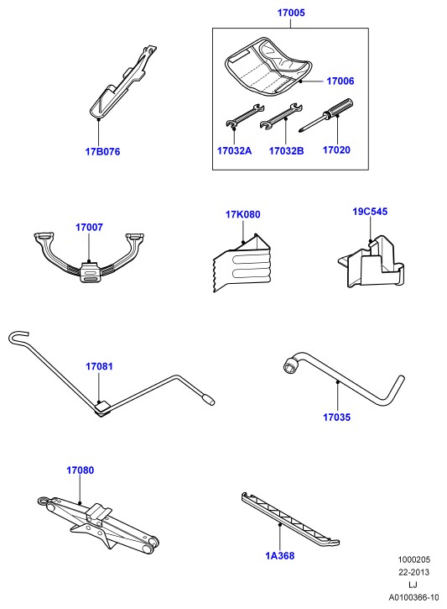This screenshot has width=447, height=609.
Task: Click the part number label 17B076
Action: click(x=103, y=151)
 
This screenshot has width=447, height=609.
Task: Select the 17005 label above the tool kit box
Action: click(x=291, y=13)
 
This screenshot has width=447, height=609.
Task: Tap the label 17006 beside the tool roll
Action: click(x=340, y=81)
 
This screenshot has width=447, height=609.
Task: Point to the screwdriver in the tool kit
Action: click(x=326, y=115)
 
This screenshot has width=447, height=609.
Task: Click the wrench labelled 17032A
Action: click(x=245, y=116)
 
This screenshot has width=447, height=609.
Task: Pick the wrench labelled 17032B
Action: click(x=281, y=116)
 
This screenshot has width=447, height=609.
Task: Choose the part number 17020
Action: click(x=336, y=150)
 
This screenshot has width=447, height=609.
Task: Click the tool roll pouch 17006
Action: click(x=268, y=66)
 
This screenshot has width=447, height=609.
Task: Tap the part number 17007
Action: click(x=89, y=227)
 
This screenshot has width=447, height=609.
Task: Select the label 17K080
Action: click(x=243, y=214)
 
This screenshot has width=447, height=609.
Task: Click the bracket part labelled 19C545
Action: click(x=371, y=261)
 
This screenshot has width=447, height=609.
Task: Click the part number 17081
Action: click(x=99, y=366)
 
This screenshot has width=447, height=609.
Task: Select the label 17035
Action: click(x=336, y=417)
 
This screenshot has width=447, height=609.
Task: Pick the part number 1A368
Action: click(x=279, y=556)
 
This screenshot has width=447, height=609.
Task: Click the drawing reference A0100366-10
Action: click(x=414, y=597)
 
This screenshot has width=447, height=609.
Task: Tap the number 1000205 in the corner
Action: click(x=414, y=559)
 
